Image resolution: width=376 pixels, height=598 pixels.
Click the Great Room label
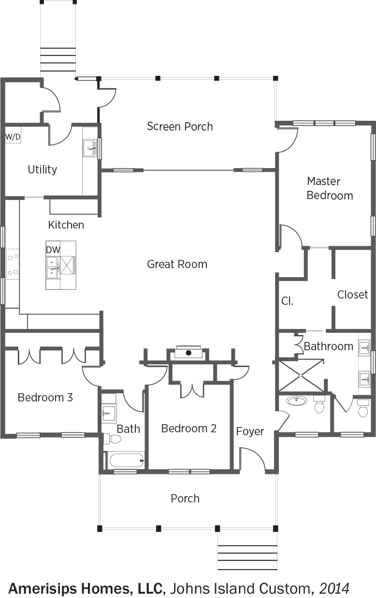[177, 264]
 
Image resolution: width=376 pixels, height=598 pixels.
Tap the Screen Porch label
[180, 126]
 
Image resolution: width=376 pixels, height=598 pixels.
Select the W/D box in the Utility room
[13, 137]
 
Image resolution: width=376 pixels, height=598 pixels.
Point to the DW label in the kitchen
[53, 250]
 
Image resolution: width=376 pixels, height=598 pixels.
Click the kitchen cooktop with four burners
[13, 264]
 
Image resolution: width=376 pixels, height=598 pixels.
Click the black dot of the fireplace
[188, 353]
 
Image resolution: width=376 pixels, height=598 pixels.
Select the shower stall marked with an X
[301, 376]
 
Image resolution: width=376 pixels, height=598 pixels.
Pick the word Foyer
[250, 431]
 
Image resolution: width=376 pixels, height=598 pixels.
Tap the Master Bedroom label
[330, 188]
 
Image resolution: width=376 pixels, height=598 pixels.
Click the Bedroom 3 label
[45, 397]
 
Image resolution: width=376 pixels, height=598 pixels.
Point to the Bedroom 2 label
[189, 428]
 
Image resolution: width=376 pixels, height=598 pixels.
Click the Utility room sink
[89, 148]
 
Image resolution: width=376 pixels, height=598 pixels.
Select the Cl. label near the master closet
[288, 301]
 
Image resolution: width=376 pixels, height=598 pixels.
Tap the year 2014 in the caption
[334, 588]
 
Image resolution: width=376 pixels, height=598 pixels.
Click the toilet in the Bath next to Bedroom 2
[112, 439]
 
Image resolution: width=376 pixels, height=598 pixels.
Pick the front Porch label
[185, 498]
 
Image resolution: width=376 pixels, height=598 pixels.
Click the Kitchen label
[66, 225]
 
